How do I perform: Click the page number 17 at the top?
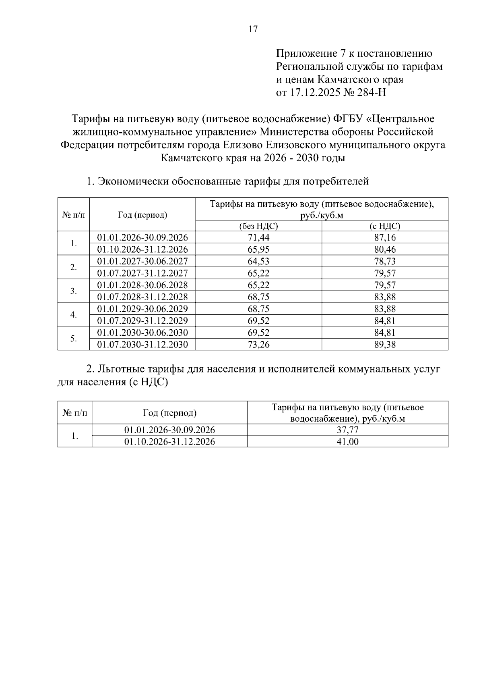(x=253, y=29)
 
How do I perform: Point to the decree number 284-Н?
(x=372, y=93)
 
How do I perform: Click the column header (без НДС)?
(x=258, y=226)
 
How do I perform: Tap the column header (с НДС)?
(x=385, y=226)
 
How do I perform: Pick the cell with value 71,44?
(x=258, y=237)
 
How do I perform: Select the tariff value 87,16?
(x=385, y=237)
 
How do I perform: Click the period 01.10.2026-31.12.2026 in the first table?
(x=142, y=249)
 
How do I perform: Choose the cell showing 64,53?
(x=258, y=261)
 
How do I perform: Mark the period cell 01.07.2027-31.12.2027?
(x=142, y=273)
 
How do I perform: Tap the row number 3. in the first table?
(x=74, y=291)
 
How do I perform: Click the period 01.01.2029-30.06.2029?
(x=142, y=309)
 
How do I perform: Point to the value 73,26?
(x=258, y=345)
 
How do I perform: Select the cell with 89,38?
(x=385, y=345)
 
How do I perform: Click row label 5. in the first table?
(x=74, y=339)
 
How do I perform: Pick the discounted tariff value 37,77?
(x=348, y=430)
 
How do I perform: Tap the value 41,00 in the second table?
(x=348, y=442)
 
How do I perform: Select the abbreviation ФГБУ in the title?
(x=347, y=119)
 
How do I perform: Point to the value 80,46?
(x=385, y=249)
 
